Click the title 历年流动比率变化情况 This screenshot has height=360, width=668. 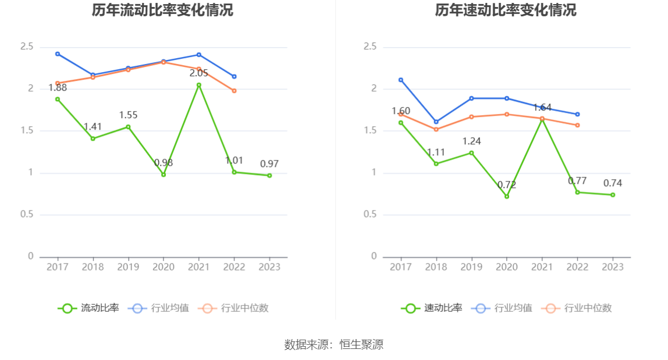coord(162,10)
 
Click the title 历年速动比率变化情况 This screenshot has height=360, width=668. coord(506,10)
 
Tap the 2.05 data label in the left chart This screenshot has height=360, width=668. coord(198,73)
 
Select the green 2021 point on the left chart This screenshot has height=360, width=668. coord(198,85)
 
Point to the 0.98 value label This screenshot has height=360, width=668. coord(164,163)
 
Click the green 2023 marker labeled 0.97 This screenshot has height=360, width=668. coord(269,175)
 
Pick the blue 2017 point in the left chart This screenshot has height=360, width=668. coord(58,54)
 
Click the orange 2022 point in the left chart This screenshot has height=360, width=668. coord(234,91)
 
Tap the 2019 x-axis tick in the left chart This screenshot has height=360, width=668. coord(128,267)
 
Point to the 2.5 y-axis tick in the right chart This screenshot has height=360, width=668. coord(370,47)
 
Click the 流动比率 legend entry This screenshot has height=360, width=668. coord(88,308)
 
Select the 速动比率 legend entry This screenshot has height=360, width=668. coord(432,308)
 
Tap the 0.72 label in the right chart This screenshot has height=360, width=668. coord(507,185)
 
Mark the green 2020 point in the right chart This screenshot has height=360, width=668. coord(507,196)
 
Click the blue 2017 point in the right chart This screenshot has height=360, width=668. coord(401,80)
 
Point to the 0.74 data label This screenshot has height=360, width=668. coord(613,183)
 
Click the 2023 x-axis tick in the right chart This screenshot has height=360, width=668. coord(613,267)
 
